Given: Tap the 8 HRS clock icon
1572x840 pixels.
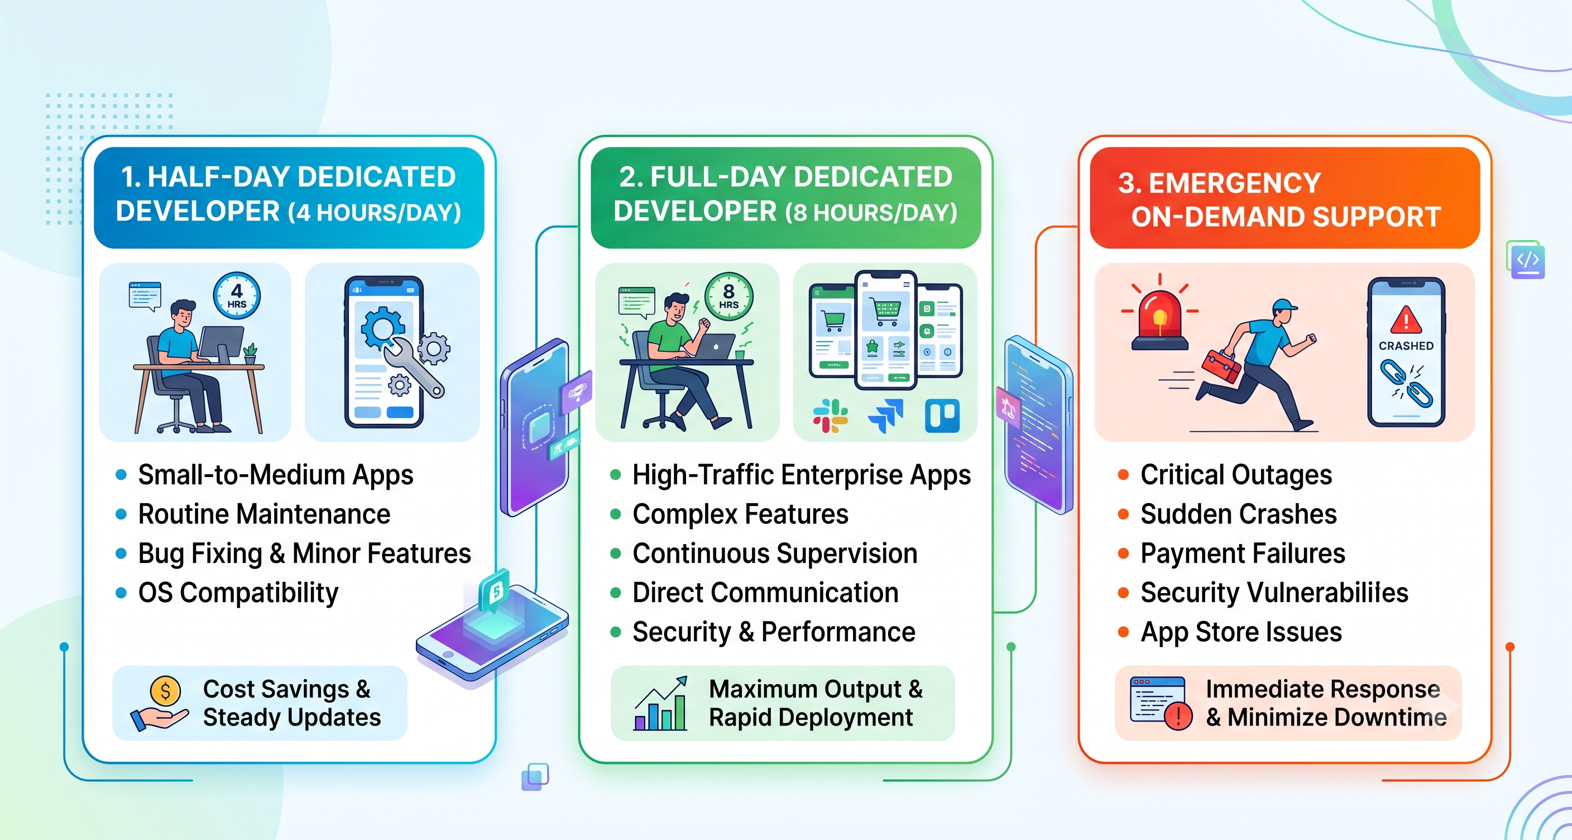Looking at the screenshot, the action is (x=729, y=297).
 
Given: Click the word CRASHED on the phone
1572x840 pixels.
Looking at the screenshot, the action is (x=1406, y=346).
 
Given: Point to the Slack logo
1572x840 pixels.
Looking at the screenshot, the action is (x=831, y=416).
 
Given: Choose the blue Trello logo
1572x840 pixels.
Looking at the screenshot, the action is (x=942, y=416).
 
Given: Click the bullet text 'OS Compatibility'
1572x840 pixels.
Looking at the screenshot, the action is (x=238, y=593).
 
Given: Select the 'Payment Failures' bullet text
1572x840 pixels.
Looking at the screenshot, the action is (x=1243, y=553).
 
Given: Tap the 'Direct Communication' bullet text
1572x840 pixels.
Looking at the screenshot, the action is (x=765, y=593).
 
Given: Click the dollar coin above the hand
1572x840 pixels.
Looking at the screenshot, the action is (x=165, y=691).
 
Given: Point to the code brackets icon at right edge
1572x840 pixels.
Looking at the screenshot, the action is (x=1526, y=260).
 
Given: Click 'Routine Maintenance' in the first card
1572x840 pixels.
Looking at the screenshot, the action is (x=264, y=514).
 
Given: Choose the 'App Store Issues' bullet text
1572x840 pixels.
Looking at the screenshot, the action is (x=1242, y=632).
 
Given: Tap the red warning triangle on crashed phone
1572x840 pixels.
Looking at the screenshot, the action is (x=1406, y=319).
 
